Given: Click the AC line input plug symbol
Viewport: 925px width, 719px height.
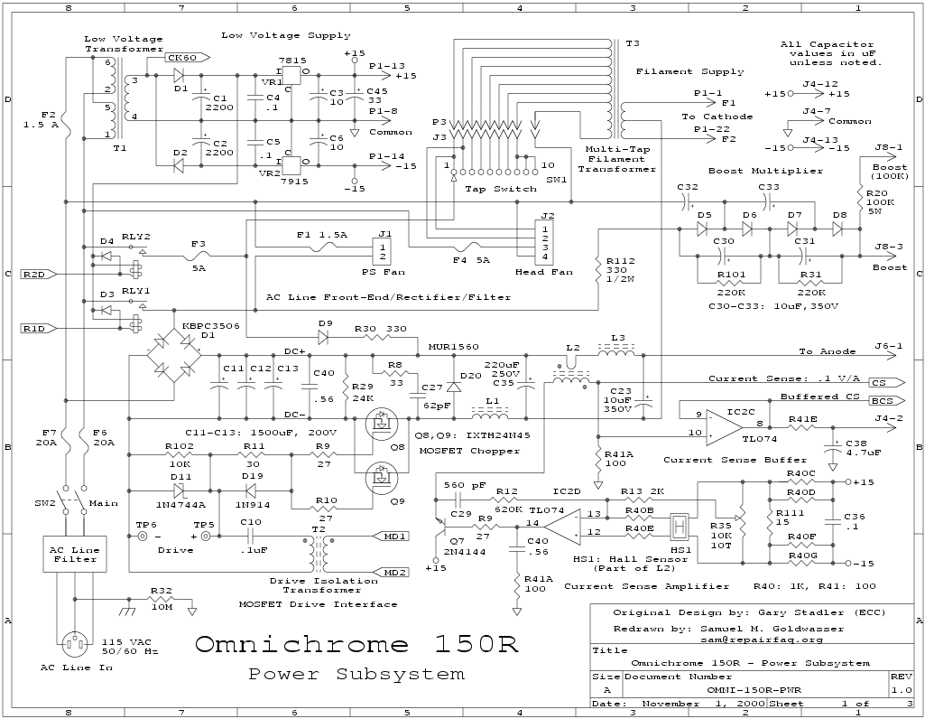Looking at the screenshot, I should click(x=74, y=643).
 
